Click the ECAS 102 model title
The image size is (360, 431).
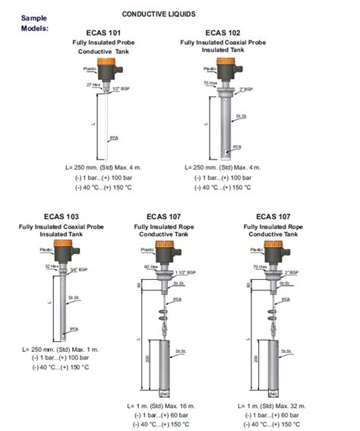click(224, 33)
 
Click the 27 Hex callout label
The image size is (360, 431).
click(93, 85)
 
